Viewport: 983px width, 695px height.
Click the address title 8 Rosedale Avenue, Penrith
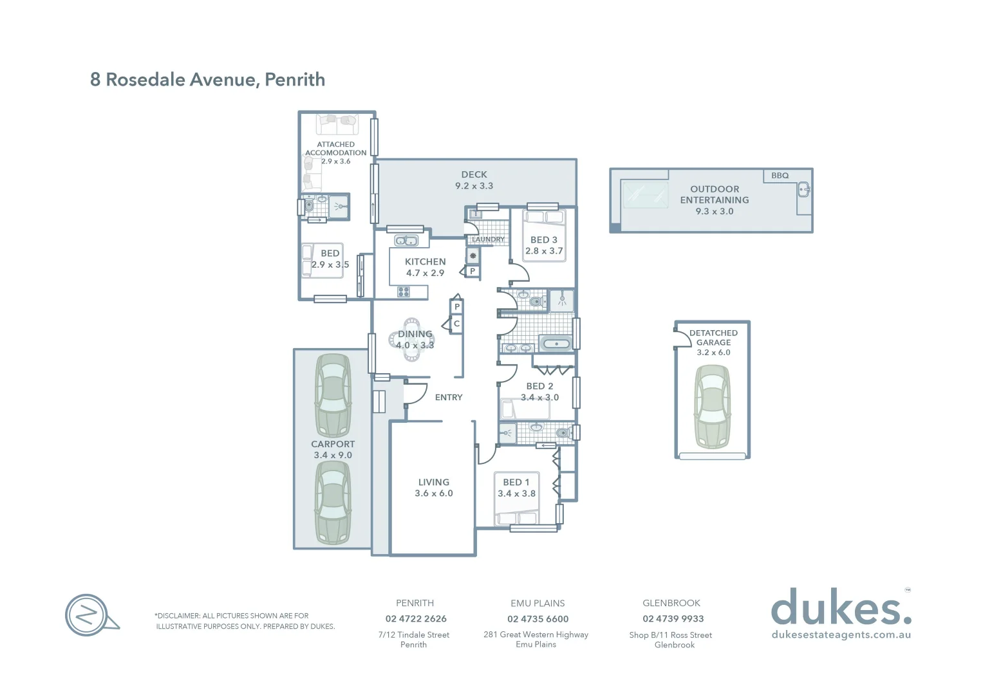(x=207, y=80)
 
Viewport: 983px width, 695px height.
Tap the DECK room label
(x=474, y=174)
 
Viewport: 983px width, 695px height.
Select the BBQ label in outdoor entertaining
(x=780, y=176)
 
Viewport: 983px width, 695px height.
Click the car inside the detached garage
(x=713, y=407)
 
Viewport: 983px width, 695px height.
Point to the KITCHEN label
(x=425, y=262)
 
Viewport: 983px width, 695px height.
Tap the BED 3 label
(x=543, y=240)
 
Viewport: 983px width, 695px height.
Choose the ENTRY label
(x=449, y=398)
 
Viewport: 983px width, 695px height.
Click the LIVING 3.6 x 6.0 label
(x=434, y=488)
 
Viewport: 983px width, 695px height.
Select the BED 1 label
(x=516, y=482)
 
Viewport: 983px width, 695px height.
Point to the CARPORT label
(x=333, y=444)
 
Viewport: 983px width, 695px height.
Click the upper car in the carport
(x=333, y=395)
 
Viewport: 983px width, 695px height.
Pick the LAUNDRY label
(x=488, y=239)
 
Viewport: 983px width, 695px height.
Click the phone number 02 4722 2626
(x=416, y=619)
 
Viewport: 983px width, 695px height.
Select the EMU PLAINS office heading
(x=538, y=604)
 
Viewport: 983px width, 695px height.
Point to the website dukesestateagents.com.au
(x=841, y=635)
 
